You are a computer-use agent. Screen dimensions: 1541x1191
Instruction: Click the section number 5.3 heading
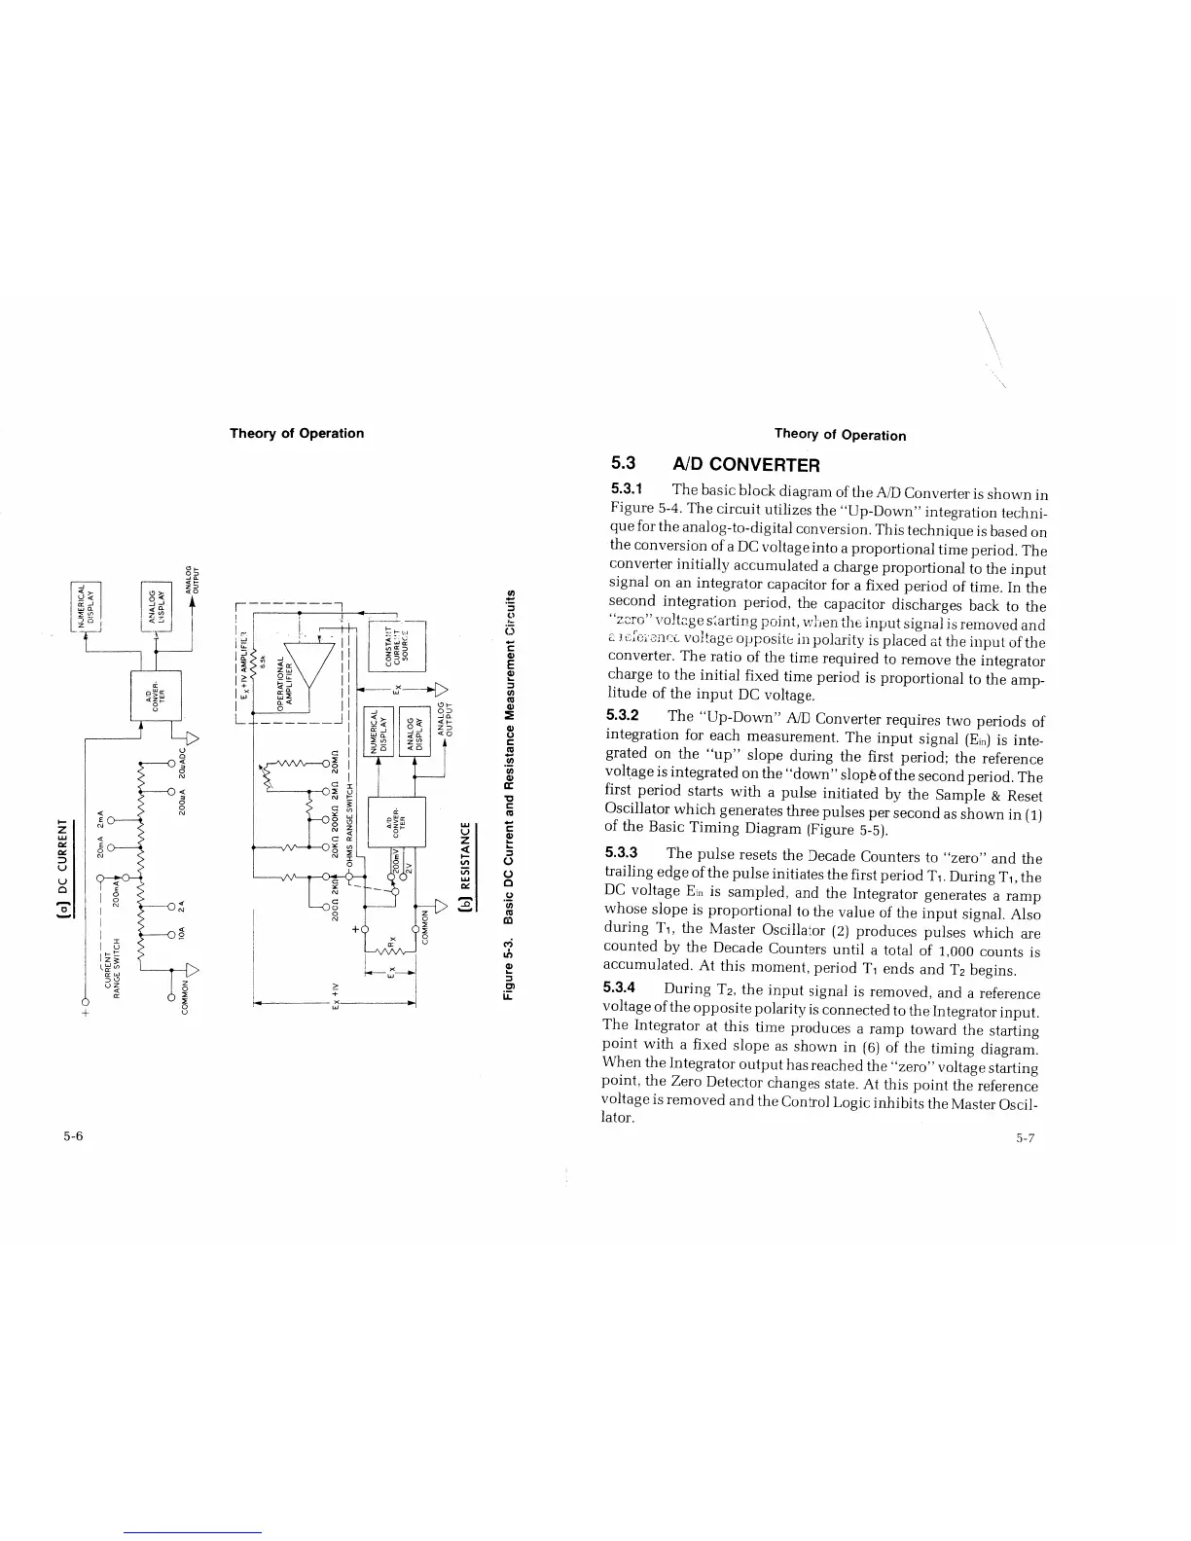(623, 464)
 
